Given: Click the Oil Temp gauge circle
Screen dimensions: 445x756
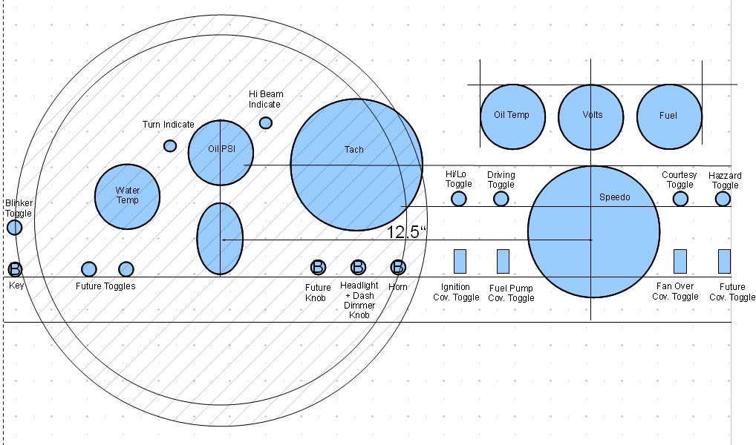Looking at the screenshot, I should click(512, 116).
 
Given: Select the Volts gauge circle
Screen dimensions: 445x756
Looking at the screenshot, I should click(591, 116).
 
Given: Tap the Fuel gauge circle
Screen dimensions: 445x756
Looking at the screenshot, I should click(669, 116).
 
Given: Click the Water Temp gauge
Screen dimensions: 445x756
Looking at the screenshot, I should click(128, 196).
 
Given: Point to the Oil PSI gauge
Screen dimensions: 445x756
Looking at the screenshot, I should click(221, 152).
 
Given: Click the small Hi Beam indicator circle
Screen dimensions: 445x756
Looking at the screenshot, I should click(265, 122).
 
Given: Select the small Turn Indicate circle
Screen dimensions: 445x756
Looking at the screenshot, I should click(170, 145).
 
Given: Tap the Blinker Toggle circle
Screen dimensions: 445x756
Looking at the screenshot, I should click(14, 227).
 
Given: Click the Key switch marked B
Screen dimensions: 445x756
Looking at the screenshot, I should click(15, 268).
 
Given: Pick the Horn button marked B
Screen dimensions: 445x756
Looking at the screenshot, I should click(398, 267).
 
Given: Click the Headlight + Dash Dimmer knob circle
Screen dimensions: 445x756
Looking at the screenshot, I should click(358, 267).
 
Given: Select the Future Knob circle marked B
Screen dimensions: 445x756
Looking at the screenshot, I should click(318, 267).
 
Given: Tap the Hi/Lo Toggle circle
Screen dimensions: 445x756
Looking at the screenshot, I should click(459, 199).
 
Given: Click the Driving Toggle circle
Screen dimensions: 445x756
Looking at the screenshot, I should click(501, 199).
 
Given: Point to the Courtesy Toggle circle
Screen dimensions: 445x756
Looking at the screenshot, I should click(680, 199).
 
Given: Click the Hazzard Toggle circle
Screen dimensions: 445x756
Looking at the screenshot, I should click(723, 199).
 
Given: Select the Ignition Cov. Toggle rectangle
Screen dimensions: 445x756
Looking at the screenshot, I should click(460, 261).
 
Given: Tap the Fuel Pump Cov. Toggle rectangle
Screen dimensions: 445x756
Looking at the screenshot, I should click(503, 261).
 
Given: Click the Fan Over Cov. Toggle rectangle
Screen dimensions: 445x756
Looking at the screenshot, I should click(680, 261).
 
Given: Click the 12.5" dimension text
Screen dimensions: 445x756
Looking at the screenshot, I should click(407, 231).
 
